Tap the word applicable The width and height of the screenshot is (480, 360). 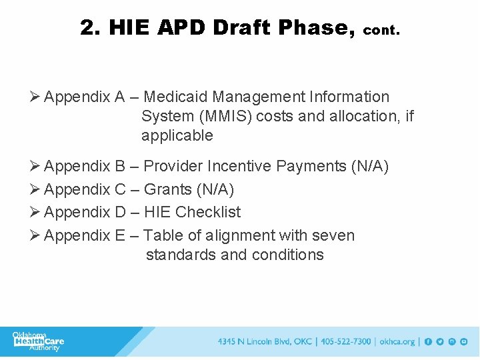click(x=177, y=136)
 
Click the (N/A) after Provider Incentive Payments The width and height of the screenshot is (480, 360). click(x=369, y=166)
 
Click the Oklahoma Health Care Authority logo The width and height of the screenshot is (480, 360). click(x=39, y=341)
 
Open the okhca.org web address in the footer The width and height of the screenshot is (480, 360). click(x=397, y=341)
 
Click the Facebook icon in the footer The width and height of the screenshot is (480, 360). click(x=428, y=341)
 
